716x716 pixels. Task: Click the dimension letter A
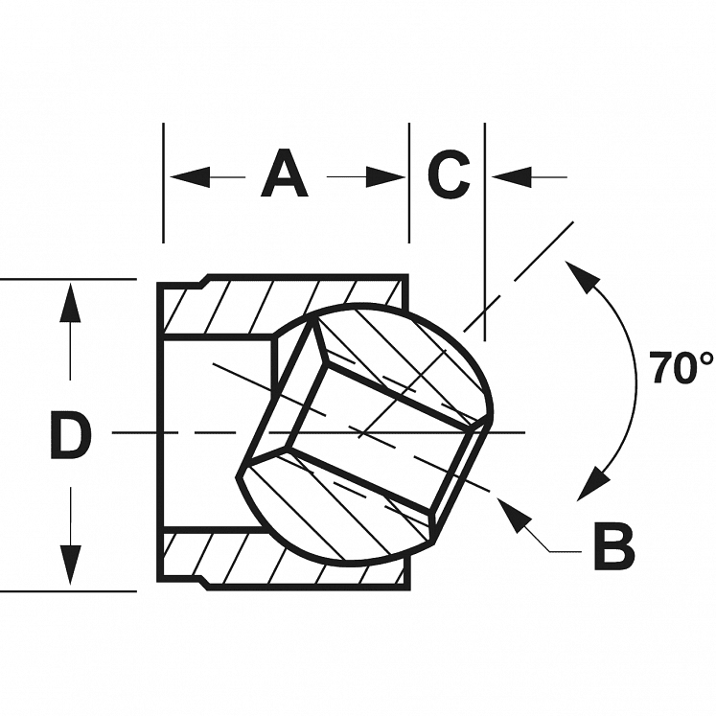(285, 175)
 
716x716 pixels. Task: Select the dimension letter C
(448, 175)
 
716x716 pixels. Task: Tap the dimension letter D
(70, 436)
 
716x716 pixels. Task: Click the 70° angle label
(681, 368)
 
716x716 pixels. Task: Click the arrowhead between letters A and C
(387, 176)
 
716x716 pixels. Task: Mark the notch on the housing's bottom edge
(204, 577)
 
